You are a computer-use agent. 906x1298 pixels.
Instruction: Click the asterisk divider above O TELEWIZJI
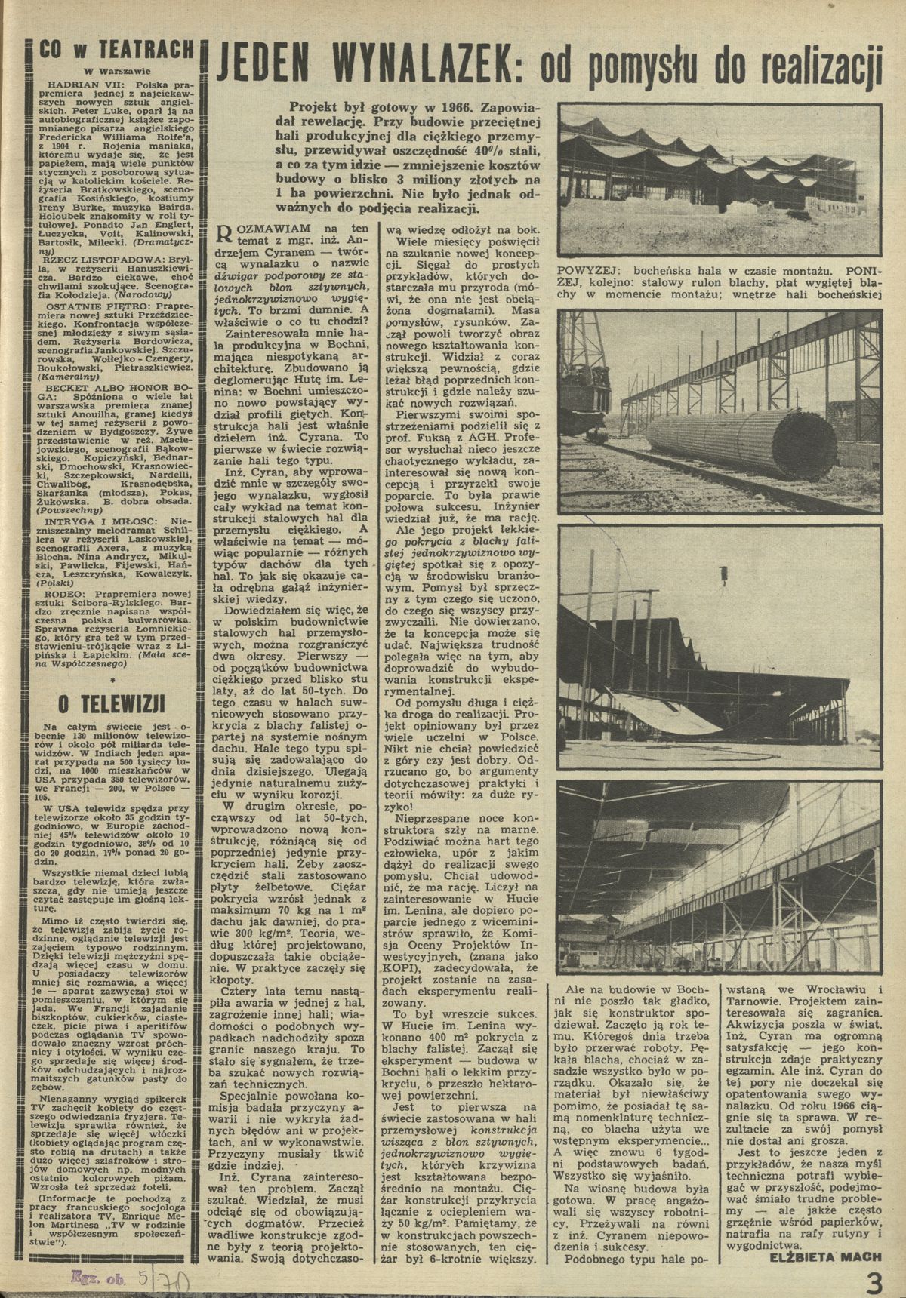click(x=112, y=680)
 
